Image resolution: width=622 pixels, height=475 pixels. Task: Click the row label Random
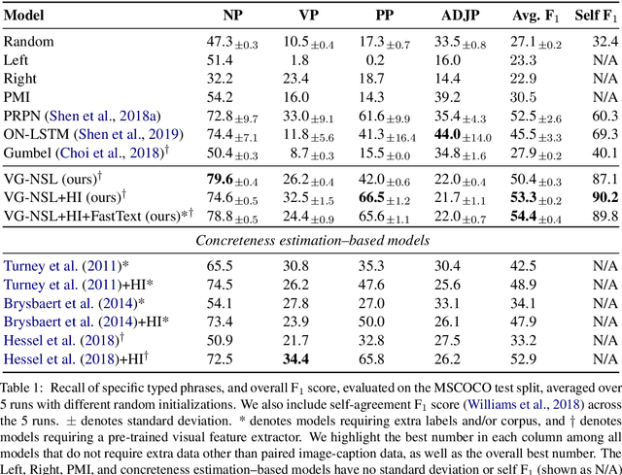tap(30, 42)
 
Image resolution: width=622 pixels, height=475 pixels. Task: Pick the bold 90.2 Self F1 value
tap(600, 196)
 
